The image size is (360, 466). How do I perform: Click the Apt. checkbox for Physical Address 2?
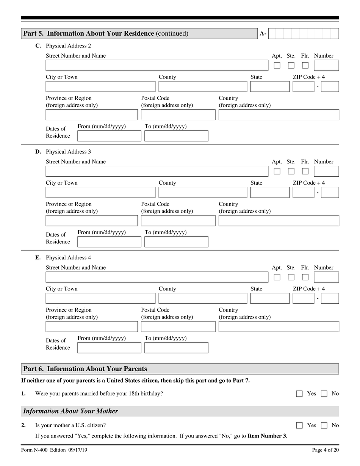click(277, 65)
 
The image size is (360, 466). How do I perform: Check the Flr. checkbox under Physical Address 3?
click(305, 171)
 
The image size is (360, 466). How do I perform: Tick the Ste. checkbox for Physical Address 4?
click(291, 277)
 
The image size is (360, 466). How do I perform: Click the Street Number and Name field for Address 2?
click(157, 65)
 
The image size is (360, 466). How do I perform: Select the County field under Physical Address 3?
click(203, 192)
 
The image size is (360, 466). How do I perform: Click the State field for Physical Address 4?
click(269, 298)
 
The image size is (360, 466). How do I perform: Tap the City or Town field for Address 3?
click(100, 192)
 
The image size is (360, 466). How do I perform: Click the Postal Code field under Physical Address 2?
click(178, 115)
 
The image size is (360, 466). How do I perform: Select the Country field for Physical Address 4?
click(279, 326)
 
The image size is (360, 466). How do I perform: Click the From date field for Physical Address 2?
click(109, 136)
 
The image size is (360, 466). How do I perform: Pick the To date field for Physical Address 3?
click(176, 242)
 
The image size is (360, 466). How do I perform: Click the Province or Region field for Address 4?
click(92, 326)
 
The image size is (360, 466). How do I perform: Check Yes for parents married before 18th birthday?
click(299, 394)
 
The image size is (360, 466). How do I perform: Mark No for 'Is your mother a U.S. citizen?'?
click(324, 425)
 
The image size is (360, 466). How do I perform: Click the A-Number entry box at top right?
click(304, 33)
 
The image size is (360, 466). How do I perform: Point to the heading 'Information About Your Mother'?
click(70, 411)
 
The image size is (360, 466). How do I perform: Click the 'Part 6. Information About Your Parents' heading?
click(85, 369)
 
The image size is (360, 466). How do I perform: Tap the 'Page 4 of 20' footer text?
click(325, 450)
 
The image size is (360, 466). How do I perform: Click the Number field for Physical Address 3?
click(326, 171)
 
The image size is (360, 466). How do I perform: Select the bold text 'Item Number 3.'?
click(267, 436)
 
